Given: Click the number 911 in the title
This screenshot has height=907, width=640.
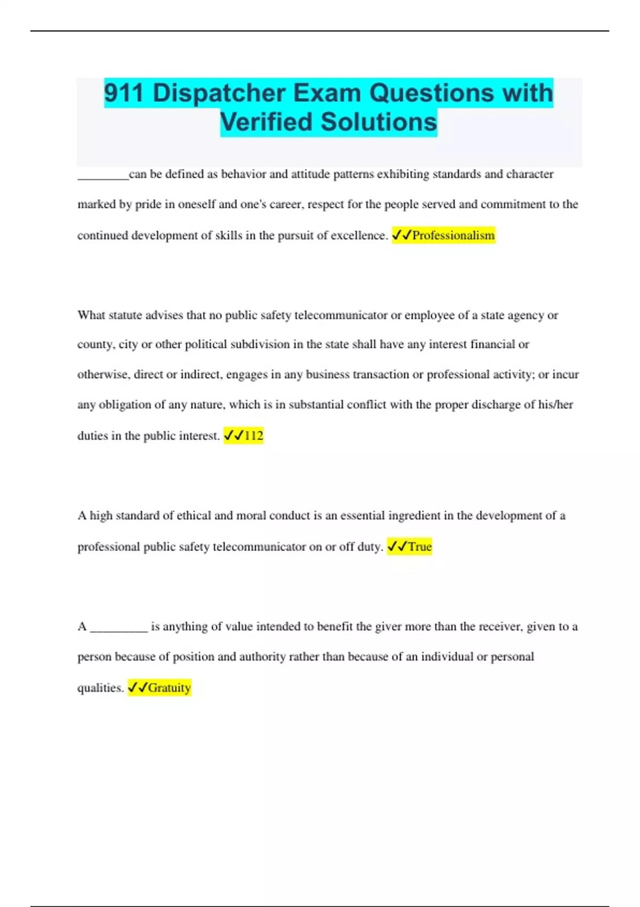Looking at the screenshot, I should coord(124,93).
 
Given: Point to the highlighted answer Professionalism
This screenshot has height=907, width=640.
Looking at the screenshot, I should coord(453,235).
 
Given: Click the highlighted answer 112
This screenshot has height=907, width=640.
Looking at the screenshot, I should coord(253,436).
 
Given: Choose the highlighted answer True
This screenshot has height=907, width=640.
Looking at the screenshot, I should coord(420,547).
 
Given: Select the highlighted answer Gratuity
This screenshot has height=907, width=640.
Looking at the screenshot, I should coord(169,688).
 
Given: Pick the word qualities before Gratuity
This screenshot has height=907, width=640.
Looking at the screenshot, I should coord(100,688).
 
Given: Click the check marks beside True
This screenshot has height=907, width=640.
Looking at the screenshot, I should coord(397,547).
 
